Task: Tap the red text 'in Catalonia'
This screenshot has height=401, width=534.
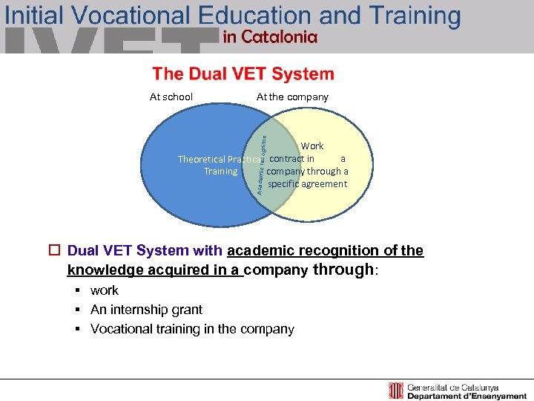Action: click(x=270, y=38)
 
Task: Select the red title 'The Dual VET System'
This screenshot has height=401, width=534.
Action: click(x=243, y=74)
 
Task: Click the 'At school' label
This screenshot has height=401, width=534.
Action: click(x=171, y=97)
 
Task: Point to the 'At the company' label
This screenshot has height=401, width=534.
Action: click(x=292, y=97)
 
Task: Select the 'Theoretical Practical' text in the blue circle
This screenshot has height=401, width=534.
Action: click(x=219, y=159)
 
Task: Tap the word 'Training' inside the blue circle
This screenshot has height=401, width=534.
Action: click(x=221, y=172)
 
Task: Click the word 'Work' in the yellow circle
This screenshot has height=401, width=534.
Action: click(x=312, y=146)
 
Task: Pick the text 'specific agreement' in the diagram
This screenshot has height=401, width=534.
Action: click(x=307, y=184)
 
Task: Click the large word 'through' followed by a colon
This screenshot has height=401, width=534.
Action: click(x=344, y=270)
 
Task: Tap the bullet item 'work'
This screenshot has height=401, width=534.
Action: click(x=105, y=290)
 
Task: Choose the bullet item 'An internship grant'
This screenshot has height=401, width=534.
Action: click(x=146, y=310)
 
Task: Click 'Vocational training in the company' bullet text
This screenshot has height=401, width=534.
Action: click(x=192, y=329)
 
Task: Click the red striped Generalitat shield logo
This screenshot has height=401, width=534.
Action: click(x=396, y=391)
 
